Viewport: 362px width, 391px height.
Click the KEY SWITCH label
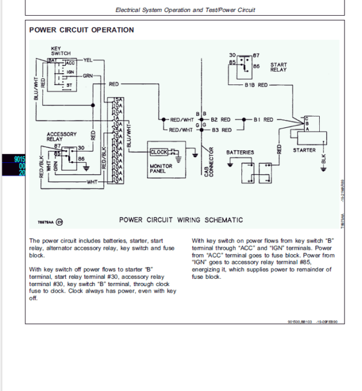pyautogui.click(x=60, y=51)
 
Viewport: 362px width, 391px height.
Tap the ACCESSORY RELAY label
pyautogui.click(x=62, y=136)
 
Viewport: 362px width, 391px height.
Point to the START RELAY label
pyautogui.click(x=279, y=66)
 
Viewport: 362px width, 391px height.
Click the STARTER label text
pyautogui.click(x=304, y=150)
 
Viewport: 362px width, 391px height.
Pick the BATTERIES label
pyautogui.click(x=240, y=152)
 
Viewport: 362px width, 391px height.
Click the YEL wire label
pyautogui.click(x=87, y=60)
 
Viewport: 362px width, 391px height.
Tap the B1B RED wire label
pyautogui.click(x=256, y=85)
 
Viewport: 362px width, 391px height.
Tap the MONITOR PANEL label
pyautogui.click(x=161, y=168)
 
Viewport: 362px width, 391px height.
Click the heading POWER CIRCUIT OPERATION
pyautogui.click(x=81, y=30)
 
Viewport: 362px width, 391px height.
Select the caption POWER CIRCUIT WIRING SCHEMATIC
pyautogui.click(x=181, y=220)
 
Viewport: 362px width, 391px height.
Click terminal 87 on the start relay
pyautogui.click(x=256, y=55)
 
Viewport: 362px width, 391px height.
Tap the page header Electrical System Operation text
pyautogui.click(x=185, y=10)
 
